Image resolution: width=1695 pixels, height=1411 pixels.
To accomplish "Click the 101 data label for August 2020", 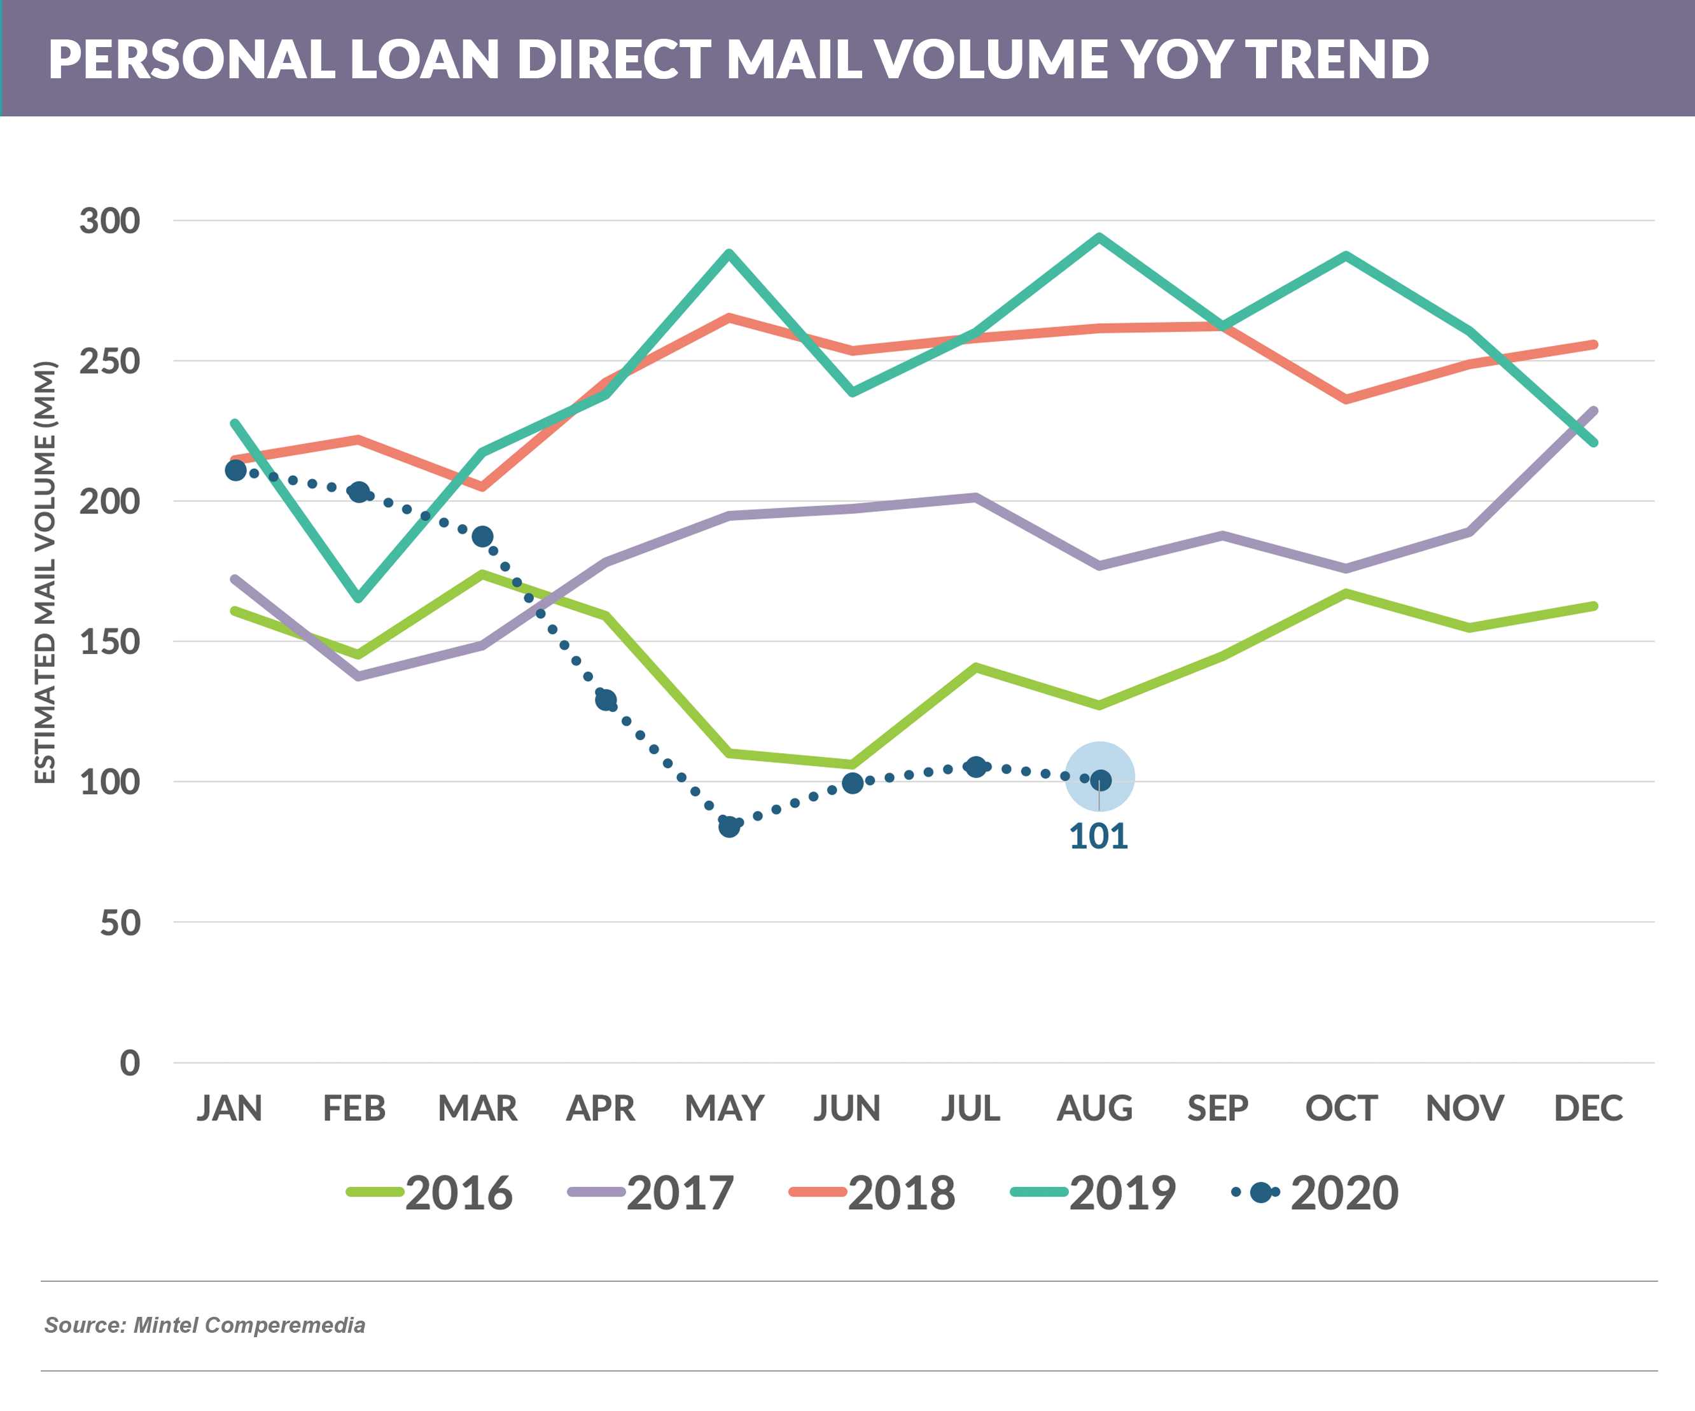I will (1099, 837).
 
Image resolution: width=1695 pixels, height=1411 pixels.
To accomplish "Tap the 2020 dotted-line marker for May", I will (729, 826).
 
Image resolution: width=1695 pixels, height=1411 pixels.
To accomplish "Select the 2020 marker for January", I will (235, 469).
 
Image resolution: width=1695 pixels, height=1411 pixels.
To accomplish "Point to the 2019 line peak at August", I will (1099, 237).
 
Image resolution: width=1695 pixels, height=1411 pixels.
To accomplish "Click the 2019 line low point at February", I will (358, 598).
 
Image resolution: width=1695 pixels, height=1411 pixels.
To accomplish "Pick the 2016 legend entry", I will (430, 1192).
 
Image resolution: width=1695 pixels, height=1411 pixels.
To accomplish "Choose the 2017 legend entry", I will (652, 1192).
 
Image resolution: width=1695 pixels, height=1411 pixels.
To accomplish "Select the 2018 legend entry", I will (872, 1192).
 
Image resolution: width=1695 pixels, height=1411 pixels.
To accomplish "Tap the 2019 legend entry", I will (1094, 1192).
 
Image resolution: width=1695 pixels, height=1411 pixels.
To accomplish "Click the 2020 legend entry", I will (1316, 1192).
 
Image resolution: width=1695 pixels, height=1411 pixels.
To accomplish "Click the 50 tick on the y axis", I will (120, 922).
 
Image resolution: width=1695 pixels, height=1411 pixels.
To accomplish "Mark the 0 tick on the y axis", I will (129, 1063).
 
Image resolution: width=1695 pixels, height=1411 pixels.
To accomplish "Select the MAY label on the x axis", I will (724, 1108).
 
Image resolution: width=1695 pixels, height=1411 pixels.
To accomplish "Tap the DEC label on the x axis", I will (1587, 1108).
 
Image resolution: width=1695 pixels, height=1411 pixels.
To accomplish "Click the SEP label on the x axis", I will (1217, 1108).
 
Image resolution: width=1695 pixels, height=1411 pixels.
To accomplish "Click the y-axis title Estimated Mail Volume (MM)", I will (45, 571).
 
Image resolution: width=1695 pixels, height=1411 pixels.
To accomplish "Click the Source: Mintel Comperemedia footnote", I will (204, 1324).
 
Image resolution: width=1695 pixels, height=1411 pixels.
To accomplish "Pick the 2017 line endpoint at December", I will (1593, 410).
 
